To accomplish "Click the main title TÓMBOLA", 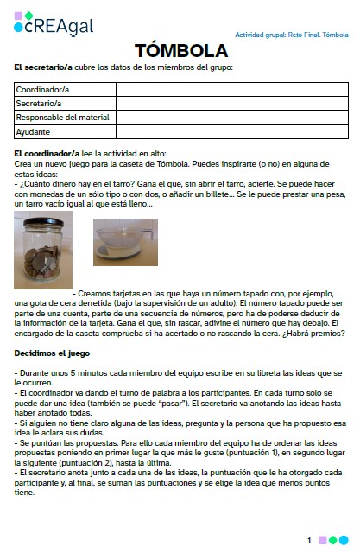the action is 180,50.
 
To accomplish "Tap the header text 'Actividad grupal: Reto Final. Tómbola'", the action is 292,35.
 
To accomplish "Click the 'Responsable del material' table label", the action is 60,118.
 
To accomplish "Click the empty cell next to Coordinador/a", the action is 231,88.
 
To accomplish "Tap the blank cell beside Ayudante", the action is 231,132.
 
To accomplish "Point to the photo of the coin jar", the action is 43,251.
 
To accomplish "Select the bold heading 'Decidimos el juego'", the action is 51,353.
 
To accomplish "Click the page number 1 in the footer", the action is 308,540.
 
